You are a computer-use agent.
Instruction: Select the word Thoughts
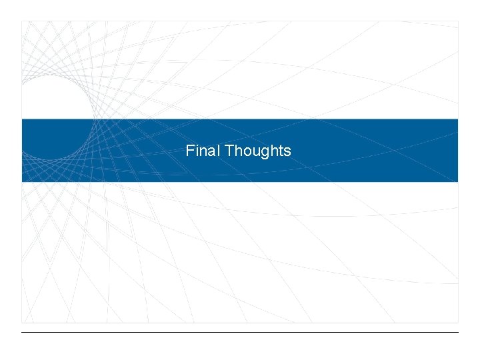tap(258, 151)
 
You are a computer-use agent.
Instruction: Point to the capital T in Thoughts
tap(229, 151)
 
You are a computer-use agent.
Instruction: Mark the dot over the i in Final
tap(197, 145)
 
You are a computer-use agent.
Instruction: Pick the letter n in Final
tap(203, 152)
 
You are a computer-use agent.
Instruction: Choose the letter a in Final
tap(211, 152)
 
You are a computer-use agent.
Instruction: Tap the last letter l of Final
tap(218, 151)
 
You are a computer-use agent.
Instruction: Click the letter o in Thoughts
tap(245, 152)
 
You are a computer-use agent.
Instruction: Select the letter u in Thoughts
tap(254, 152)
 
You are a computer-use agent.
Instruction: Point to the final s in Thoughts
tap(287, 152)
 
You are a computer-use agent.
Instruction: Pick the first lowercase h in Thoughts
tap(237, 151)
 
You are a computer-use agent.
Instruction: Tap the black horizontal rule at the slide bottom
tap(240, 332)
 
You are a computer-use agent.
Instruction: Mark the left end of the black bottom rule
tap(22, 332)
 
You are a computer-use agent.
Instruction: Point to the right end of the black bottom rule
tap(459, 332)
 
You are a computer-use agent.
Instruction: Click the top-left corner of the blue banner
tap(22, 119)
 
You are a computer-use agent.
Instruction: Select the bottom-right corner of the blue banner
tap(458, 181)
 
